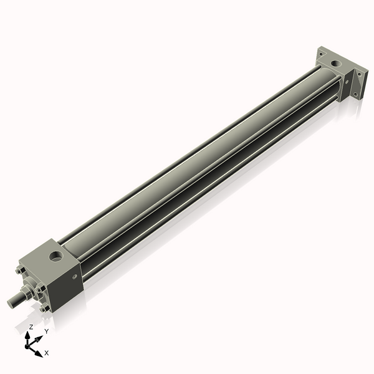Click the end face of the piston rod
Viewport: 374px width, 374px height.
point(11,302)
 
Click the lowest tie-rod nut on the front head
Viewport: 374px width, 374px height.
point(43,309)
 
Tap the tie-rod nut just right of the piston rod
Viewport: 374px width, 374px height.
point(41,289)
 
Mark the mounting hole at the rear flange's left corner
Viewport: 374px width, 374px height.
point(322,54)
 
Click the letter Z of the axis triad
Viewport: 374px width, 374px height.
point(31,327)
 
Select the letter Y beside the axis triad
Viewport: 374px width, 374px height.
point(46,331)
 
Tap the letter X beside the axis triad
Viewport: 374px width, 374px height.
point(47,353)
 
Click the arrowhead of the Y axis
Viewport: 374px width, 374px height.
point(39,337)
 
